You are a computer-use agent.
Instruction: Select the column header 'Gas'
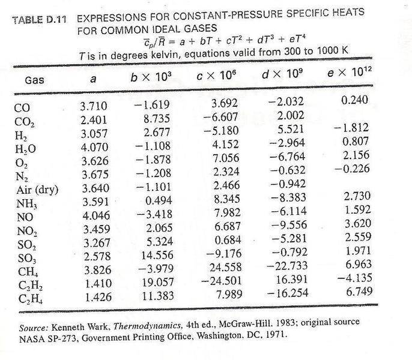35,80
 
